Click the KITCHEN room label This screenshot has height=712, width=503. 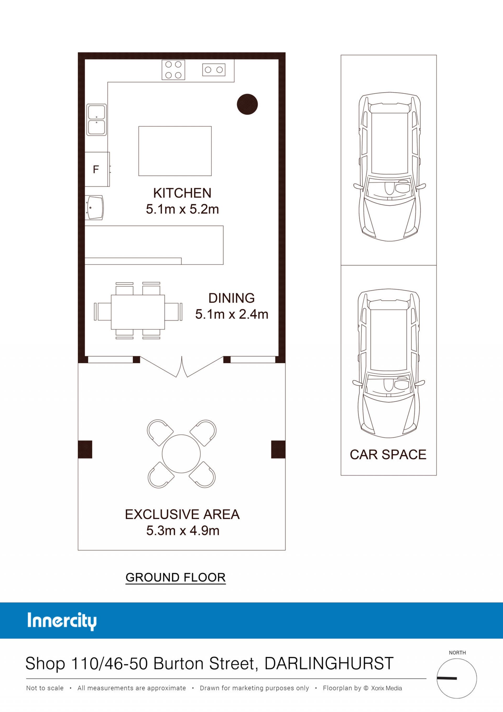click(182, 193)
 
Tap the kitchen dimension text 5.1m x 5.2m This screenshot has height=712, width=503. click(182, 209)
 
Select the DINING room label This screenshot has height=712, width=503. click(232, 298)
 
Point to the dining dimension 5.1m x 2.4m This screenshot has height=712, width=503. click(232, 314)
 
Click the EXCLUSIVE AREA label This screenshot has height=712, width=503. click(182, 514)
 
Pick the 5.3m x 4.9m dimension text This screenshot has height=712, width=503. click(183, 531)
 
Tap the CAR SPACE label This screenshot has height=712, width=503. click(388, 455)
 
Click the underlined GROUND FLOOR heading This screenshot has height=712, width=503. click(176, 578)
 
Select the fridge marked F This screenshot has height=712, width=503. click(97, 169)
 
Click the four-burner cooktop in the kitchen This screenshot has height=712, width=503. click(173, 70)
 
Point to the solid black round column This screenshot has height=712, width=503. click(247, 104)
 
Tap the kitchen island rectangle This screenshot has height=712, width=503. click(175, 151)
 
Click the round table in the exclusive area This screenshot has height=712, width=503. click(181, 454)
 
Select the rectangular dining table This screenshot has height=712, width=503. click(138, 312)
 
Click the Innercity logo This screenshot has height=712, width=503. click(62, 622)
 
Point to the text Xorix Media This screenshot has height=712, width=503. click(386, 688)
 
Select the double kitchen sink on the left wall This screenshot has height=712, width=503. click(96, 120)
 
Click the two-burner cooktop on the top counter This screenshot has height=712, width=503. click(214, 70)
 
